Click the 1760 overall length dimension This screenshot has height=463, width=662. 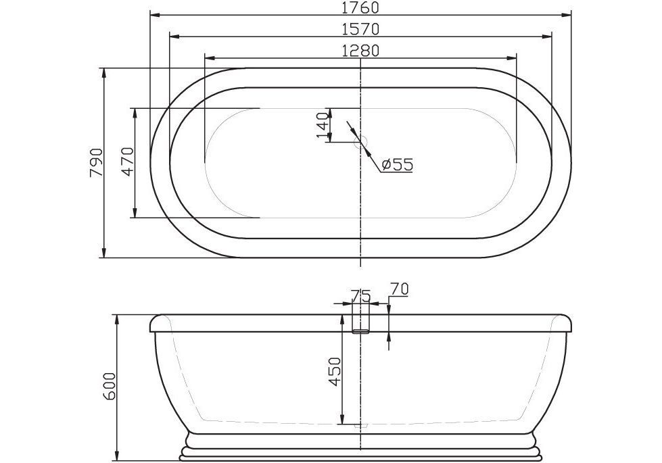[360, 7]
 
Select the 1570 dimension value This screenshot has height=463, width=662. [360, 29]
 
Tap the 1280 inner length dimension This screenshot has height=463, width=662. [360, 50]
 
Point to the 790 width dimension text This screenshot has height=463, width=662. [96, 162]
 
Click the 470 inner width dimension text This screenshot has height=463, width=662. [128, 162]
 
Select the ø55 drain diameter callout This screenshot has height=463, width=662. [396, 164]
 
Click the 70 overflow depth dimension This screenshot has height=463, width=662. [400, 289]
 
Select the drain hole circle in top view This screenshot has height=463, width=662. [361, 141]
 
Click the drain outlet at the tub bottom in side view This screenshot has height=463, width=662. [362, 426]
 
